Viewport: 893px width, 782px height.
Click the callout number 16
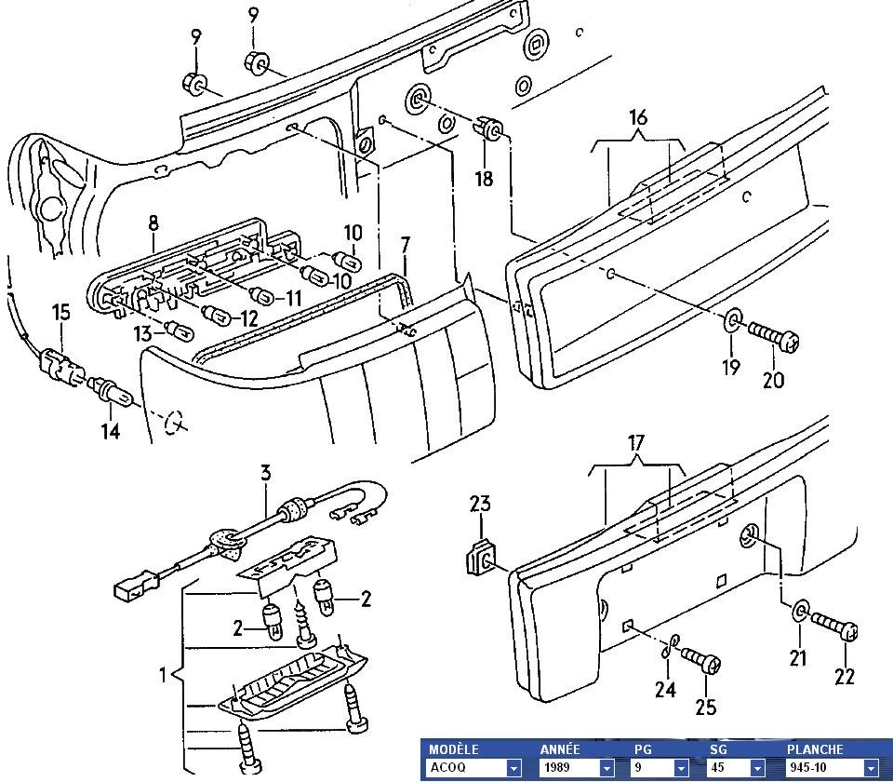(638, 118)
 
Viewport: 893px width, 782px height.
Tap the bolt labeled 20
(772, 335)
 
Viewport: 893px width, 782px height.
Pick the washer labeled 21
(799, 613)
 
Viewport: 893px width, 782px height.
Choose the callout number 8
(153, 223)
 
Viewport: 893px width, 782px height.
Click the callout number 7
(406, 246)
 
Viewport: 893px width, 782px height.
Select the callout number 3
(266, 473)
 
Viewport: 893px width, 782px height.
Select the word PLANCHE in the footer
(815, 748)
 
